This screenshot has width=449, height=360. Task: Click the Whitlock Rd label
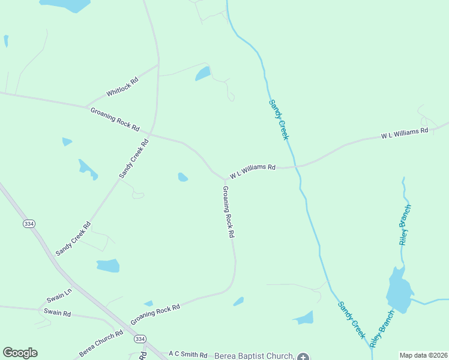pyautogui.click(x=122, y=87)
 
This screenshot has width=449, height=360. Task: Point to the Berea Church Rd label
pyautogui.click(x=101, y=344)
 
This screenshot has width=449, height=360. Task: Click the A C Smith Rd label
pyautogui.click(x=188, y=355)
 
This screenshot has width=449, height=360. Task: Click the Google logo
pyautogui.click(x=20, y=353)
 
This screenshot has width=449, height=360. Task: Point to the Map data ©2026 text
pyautogui.click(x=423, y=355)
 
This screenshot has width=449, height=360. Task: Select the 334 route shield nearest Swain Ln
pyautogui.click(x=29, y=223)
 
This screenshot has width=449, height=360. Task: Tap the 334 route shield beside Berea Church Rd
pyautogui.click(x=139, y=339)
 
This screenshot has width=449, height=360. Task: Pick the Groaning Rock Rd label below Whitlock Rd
pyautogui.click(x=115, y=119)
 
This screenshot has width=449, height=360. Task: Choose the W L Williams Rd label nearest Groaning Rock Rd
pyautogui.click(x=253, y=172)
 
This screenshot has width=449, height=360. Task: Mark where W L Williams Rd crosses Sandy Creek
pyautogui.click(x=296, y=166)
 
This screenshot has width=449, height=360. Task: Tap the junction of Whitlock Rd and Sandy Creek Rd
pyautogui.click(x=158, y=63)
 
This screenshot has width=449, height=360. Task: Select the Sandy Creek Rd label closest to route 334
pyautogui.click(x=73, y=239)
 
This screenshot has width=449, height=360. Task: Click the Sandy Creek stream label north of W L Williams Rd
pyautogui.click(x=279, y=120)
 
